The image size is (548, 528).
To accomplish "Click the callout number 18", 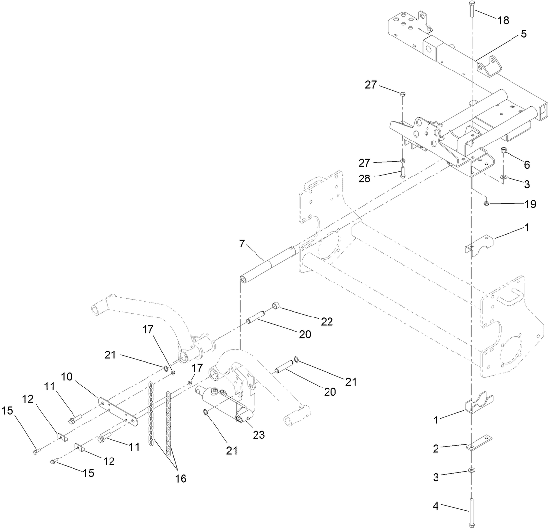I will click(503, 20).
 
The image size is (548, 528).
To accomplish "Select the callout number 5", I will click(523, 34).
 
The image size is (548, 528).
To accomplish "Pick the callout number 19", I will click(530, 204).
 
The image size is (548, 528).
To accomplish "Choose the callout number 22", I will click(326, 322).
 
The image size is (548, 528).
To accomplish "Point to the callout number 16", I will click(181, 478).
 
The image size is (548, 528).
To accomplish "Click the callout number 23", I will click(258, 435).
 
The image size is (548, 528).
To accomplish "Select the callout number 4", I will click(436, 506).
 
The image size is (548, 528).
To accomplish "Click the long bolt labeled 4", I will click(472, 513).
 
